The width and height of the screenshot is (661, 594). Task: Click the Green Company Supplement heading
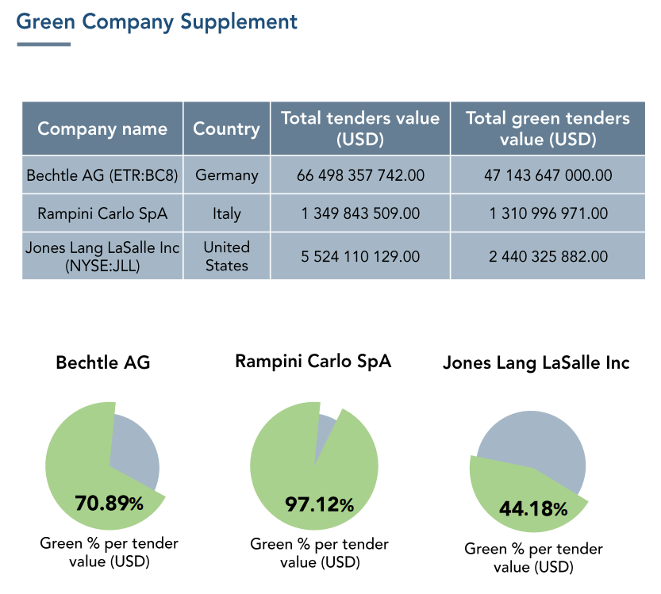[x=157, y=21]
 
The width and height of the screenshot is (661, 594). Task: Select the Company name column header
[x=102, y=128]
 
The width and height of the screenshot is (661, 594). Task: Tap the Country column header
[x=226, y=128]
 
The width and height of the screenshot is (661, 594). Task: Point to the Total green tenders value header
[x=548, y=128]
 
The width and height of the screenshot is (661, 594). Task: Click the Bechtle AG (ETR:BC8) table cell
[x=102, y=174]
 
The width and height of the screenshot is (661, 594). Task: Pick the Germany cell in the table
[x=226, y=174]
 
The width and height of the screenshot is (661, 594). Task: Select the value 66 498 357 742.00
[x=360, y=174]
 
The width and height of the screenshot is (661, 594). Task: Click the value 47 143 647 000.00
[x=548, y=174]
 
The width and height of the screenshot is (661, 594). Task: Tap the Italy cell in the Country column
[x=226, y=213]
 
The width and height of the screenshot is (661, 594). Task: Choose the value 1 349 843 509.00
[x=360, y=213]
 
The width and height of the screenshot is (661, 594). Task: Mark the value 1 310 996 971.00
[x=548, y=213]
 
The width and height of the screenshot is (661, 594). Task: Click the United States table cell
[x=226, y=256]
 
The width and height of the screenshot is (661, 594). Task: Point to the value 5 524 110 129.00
[x=360, y=256]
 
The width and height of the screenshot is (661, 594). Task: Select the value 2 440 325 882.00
[x=548, y=256]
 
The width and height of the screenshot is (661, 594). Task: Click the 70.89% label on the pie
[x=109, y=503]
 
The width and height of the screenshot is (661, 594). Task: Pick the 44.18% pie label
[x=532, y=508]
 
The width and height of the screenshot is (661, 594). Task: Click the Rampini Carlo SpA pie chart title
[x=313, y=362]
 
